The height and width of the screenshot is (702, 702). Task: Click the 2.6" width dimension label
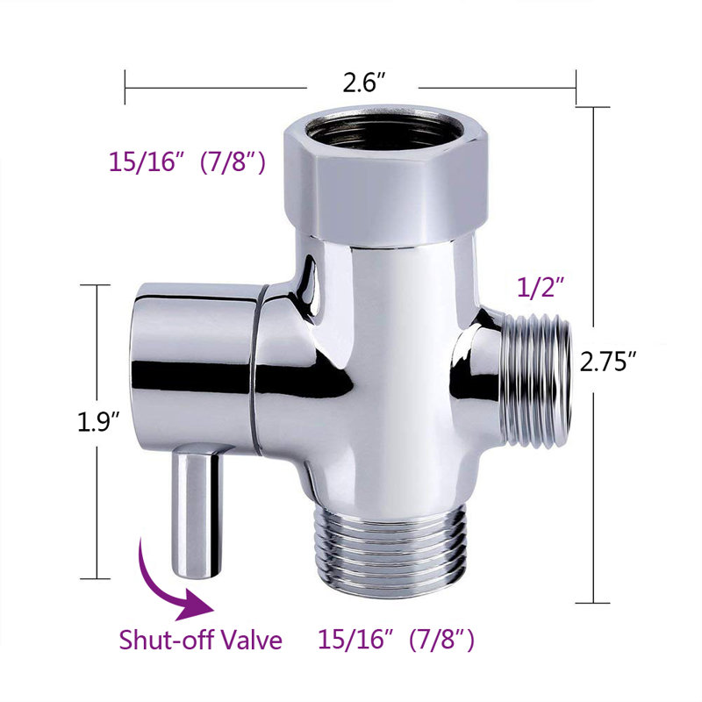tap(362, 86)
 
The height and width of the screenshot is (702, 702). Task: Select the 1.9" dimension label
tap(95, 424)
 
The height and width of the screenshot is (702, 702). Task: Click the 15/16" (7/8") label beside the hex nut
tap(187, 162)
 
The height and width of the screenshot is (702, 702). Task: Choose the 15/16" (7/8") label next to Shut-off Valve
tap(398, 640)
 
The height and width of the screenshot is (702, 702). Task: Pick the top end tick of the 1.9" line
tap(96, 285)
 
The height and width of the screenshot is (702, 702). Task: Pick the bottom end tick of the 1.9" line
tap(96, 578)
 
